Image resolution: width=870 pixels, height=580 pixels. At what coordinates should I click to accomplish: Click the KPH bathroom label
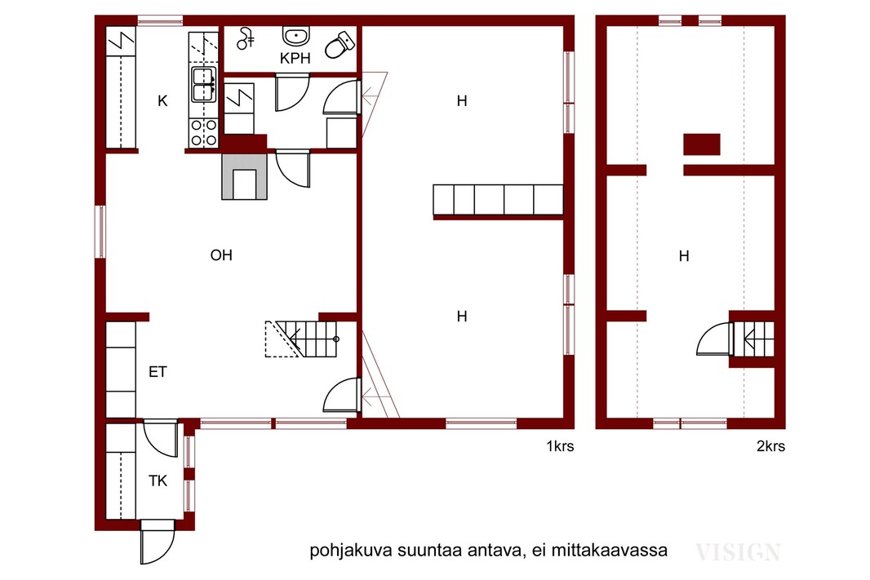pyautogui.click(x=295, y=58)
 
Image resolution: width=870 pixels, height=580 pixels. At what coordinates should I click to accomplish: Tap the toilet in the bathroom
pyautogui.click(x=340, y=44)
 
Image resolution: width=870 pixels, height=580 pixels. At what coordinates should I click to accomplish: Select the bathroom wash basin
pyautogui.click(x=296, y=37)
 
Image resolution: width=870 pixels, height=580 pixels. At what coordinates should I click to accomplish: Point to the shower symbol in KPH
pyautogui.click(x=245, y=38)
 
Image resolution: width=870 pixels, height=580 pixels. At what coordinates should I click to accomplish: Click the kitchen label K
pyautogui.click(x=162, y=101)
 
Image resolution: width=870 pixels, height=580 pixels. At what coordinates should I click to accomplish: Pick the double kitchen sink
pyautogui.click(x=204, y=85)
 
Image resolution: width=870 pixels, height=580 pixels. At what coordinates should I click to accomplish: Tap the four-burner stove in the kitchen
pyautogui.click(x=203, y=133)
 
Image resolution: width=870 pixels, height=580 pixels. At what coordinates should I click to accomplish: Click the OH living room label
pyautogui.click(x=221, y=255)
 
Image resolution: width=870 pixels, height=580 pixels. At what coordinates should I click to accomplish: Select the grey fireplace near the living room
pyautogui.click(x=244, y=176)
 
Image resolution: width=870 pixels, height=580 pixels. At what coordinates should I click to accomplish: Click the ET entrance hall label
pyautogui.click(x=158, y=371)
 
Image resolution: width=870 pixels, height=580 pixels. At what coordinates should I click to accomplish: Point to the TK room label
pyautogui.click(x=158, y=480)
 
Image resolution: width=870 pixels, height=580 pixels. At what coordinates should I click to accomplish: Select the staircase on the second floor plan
pyautogui.click(x=754, y=339)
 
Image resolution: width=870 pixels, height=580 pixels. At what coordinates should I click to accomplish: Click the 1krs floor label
pyautogui.click(x=560, y=446)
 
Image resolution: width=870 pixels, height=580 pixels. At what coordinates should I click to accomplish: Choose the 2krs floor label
pyautogui.click(x=770, y=446)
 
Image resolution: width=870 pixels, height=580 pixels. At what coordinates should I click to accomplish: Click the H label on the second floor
pyautogui.click(x=684, y=256)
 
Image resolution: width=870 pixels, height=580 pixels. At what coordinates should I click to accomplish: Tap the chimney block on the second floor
pyautogui.click(x=702, y=144)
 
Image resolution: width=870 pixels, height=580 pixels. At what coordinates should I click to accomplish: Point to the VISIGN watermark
pyautogui.click(x=738, y=552)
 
